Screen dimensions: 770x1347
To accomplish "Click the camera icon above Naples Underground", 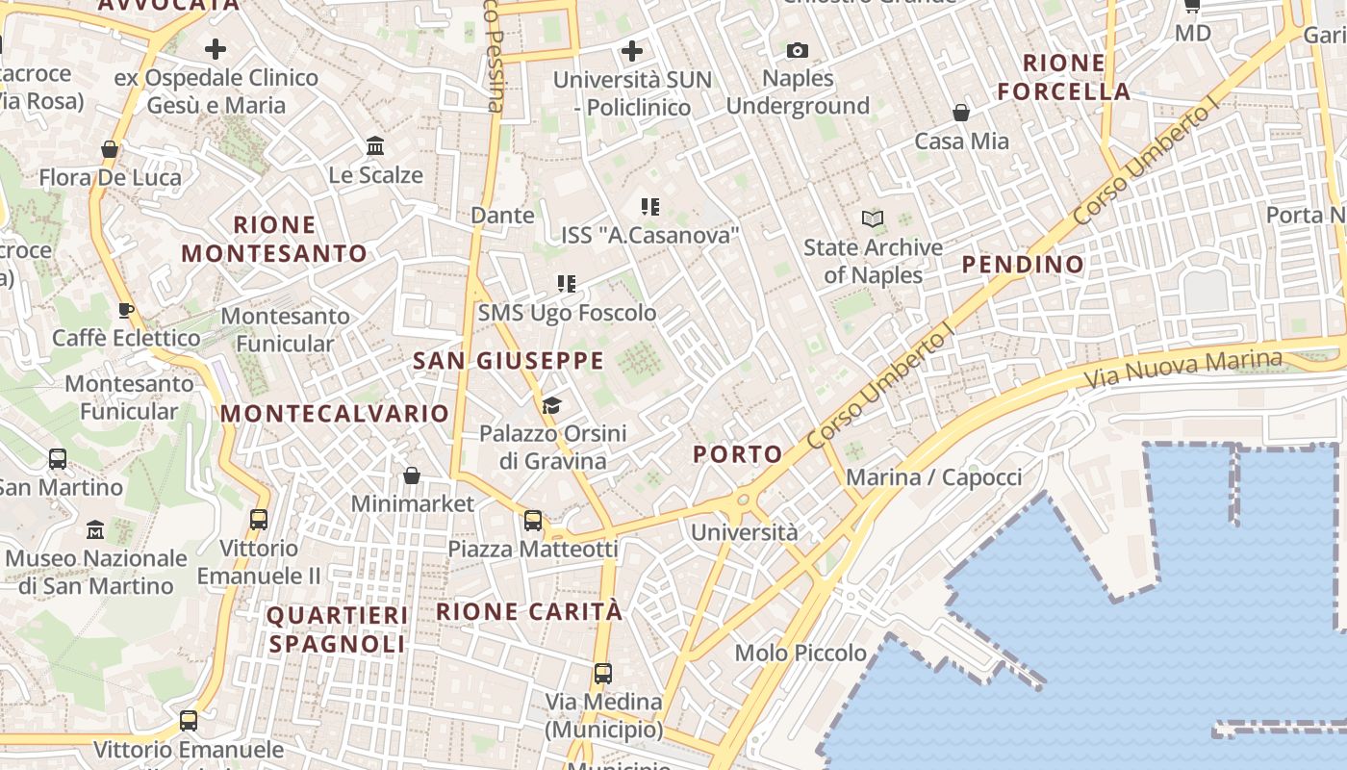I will pos(798,50).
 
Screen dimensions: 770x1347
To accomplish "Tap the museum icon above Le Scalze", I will pos(375,146).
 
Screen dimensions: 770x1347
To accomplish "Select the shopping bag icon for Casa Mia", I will pos(960,114).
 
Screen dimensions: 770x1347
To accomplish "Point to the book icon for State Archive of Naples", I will pos(873,219).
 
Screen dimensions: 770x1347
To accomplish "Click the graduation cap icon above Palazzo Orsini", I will pos(551,405).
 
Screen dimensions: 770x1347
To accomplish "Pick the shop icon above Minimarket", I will pos(412,475).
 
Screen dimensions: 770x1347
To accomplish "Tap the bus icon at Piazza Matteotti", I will pos(533,521).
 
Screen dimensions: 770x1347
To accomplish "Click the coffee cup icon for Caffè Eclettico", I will pos(125,310).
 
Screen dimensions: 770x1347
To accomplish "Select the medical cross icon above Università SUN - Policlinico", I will pos(632,51).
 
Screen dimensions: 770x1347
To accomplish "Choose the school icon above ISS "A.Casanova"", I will pos(649,207).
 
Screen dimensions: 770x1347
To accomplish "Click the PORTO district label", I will pos(738,454).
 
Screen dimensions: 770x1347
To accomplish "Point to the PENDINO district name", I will pos(1023,265).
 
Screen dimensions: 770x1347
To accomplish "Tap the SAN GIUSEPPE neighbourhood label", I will pos(508,361).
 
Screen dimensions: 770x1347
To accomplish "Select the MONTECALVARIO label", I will pos(335,414).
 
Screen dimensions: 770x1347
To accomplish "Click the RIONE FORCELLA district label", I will pos(1063,78).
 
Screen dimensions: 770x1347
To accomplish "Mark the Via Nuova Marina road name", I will pos(1183,369).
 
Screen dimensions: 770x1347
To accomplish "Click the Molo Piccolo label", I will pos(801,654).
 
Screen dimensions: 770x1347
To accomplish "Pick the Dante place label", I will pos(502,216).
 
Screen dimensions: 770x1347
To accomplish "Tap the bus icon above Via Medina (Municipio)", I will pos(603,674).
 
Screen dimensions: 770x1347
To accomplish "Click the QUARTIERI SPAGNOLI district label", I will pos(337,629).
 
